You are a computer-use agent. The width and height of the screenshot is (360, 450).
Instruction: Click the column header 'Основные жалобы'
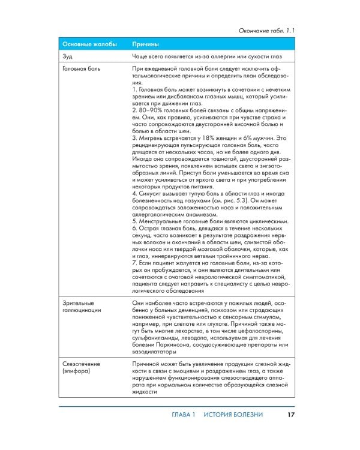pyautogui.click(x=90, y=44)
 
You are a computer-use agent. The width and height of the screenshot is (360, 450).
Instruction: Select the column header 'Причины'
pyautogui.click(x=146, y=44)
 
